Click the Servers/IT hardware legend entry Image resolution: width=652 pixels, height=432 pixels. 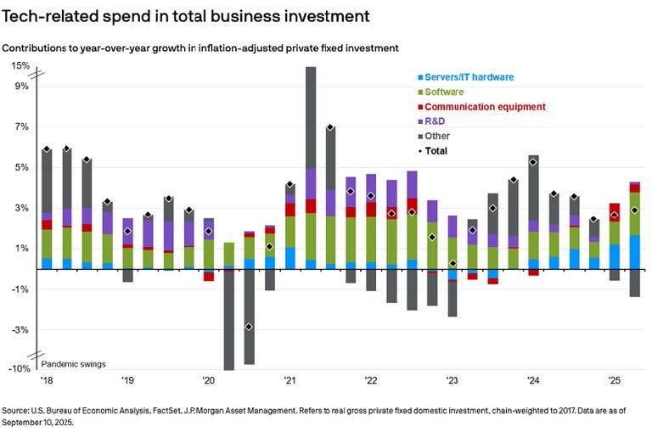point(468,76)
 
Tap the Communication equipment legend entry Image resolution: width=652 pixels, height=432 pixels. point(484,107)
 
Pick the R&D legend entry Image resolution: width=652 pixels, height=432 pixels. point(435,122)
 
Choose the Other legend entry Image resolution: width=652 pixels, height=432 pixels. point(436,137)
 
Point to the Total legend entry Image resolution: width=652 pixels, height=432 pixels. point(436,152)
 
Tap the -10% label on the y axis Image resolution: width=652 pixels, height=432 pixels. point(19,369)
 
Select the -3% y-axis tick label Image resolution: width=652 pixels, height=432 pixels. point(20,329)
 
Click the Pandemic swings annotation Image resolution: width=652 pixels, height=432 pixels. point(74,364)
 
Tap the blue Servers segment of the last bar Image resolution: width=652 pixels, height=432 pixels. point(634,251)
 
